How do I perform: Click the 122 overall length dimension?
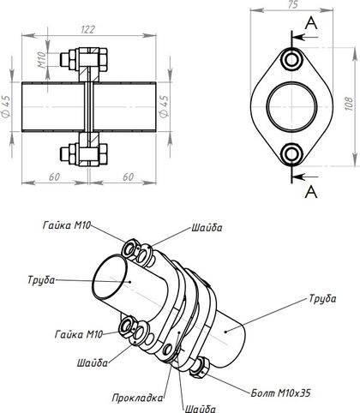click(87, 29)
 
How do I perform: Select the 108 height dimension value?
click(348, 105)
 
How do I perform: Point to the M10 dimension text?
click(42, 60)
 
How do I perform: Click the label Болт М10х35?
click(280, 393)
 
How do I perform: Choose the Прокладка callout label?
click(137, 398)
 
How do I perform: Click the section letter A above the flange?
click(311, 23)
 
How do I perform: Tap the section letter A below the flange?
click(311, 192)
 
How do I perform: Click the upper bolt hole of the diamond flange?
click(291, 60)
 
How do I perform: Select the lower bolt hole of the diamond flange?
click(291, 153)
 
